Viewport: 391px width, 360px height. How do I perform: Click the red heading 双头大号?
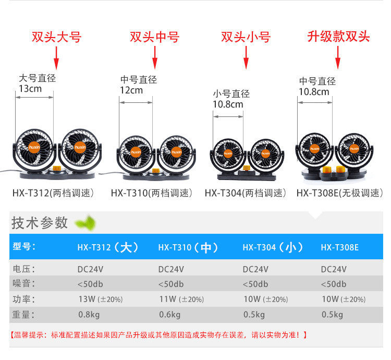pos(56,37)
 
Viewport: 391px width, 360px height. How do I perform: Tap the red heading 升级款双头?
pos(338,37)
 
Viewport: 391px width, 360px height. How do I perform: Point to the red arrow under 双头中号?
pos(154,57)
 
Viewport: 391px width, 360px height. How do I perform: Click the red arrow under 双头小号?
pos(246,57)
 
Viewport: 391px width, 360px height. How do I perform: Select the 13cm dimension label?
pos(30,89)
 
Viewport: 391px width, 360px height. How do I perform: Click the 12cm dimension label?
pos(131,90)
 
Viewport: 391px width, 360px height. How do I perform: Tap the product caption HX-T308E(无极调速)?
pos(339,193)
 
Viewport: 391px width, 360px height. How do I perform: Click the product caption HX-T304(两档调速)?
pos(246,193)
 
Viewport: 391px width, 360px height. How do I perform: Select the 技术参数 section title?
pos(40,223)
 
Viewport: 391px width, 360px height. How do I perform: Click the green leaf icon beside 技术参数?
pos(85,223)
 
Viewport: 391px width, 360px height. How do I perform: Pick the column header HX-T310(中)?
pos(188,247)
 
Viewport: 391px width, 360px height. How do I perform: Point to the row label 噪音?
pos(23,284)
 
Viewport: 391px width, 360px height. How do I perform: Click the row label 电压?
pos(23,269)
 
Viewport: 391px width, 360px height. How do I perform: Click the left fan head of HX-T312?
pos(33,148)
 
